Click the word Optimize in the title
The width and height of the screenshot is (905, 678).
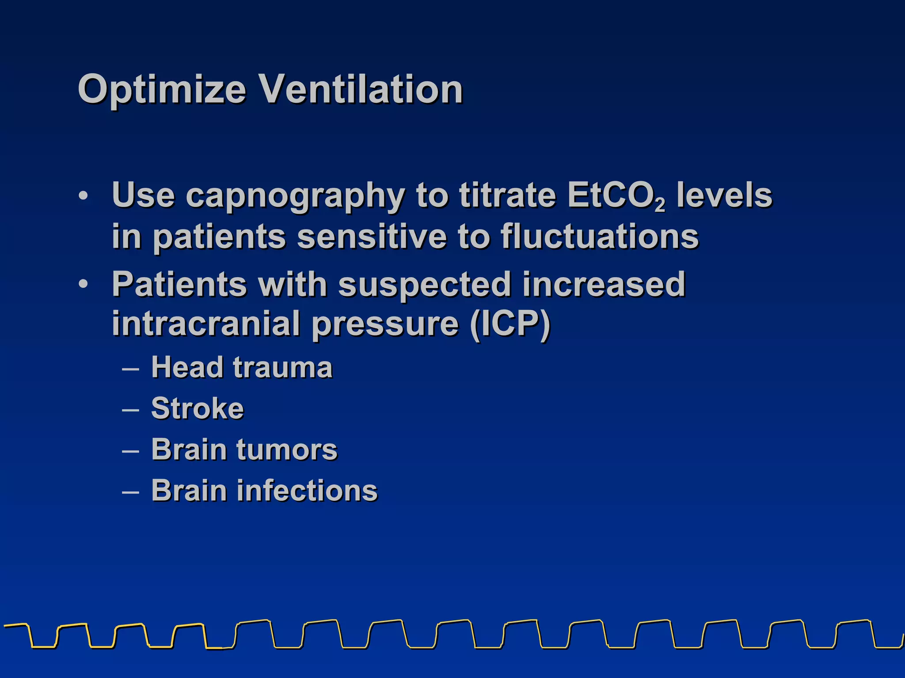(161, 90)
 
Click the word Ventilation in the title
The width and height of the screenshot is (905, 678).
(360, 90)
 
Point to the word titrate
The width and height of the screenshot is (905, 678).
(507, 196)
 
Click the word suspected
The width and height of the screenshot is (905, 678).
(424, 285)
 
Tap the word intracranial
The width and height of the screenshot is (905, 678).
(206, 324)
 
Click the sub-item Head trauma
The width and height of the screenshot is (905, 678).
(241, 367)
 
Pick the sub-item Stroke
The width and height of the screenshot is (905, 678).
(197, 408)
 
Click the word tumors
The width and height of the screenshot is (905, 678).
(287, 450)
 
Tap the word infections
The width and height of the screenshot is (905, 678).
(308, 491)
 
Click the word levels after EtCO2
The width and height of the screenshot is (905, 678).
(725, 196)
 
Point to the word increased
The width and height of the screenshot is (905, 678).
(604, 285)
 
